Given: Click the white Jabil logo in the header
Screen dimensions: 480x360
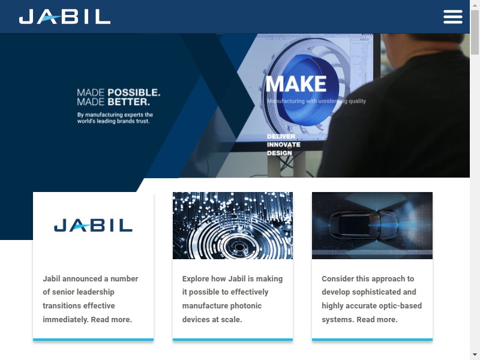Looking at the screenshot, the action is coord(65,17).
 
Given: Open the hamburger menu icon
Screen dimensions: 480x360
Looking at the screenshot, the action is coord(453,17).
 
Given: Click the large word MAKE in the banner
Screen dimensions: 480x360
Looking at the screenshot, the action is coord(296,84).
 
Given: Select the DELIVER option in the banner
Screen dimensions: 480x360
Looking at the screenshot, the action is coord(281,137).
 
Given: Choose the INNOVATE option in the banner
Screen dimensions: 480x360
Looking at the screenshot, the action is coord(283,145).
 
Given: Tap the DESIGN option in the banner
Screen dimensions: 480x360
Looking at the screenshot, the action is coord(279,153).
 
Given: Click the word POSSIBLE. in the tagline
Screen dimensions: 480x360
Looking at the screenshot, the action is coord(134,92).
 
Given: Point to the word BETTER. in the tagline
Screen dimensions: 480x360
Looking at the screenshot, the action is coord(128,102).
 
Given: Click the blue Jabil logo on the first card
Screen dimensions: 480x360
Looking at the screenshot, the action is coord(94,226).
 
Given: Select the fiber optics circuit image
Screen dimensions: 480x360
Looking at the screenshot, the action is coord(233,226).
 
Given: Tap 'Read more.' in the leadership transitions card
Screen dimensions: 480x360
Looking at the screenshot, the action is coord(112,320).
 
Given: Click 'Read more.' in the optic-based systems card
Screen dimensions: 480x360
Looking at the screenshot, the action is coord(377,320).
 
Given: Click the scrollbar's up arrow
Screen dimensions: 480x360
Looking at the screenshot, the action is coord(475,5).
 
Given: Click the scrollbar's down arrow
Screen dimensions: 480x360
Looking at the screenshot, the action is coord(475,355).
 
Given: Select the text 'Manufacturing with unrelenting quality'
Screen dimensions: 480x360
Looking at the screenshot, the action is coord(316,101).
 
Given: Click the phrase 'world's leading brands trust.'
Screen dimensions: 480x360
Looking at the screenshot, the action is coord(113,121).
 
